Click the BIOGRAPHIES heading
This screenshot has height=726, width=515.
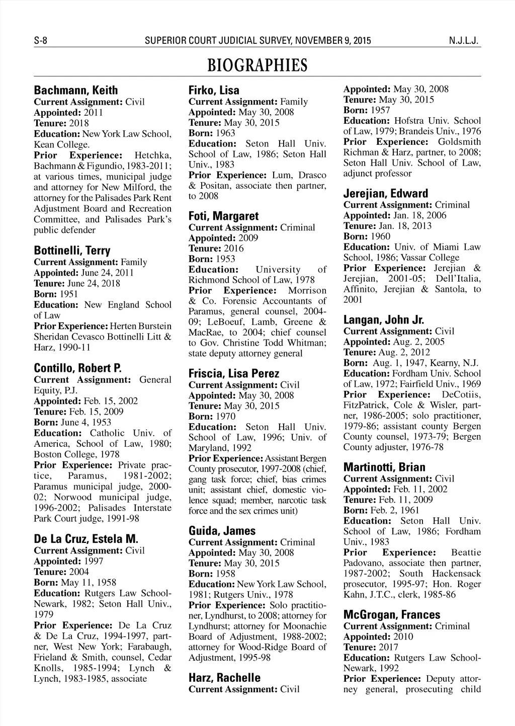(x=257, y=65)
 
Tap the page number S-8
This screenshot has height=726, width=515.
(x=40, y=40)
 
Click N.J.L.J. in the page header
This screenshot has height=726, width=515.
(x=466, y=40)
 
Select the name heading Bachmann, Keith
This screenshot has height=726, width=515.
(x=75, y=91)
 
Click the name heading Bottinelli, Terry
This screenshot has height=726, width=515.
(x=72, y=251)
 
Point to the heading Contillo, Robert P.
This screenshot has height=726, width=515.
(x=78, y=368)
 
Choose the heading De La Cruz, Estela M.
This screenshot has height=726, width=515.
(x=86, y=539)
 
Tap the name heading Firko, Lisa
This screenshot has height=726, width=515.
(x=214, y=91)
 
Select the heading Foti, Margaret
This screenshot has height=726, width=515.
(x=223, y=216)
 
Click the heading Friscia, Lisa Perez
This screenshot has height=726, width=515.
(x=233, y=374)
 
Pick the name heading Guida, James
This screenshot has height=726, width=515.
(x=222, y=531)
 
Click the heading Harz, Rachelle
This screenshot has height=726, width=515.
(x=224, y=678)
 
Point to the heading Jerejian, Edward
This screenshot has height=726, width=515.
(x=386, y=194)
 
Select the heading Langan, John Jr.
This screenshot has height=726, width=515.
(x=384, y=320)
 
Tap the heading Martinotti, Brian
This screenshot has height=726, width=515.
(x=384, y=467)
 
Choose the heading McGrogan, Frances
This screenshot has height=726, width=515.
(x=392, y=615)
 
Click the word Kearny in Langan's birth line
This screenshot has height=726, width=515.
(x=445, y=363)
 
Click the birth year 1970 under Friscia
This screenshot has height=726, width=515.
(x=225, y=417)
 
